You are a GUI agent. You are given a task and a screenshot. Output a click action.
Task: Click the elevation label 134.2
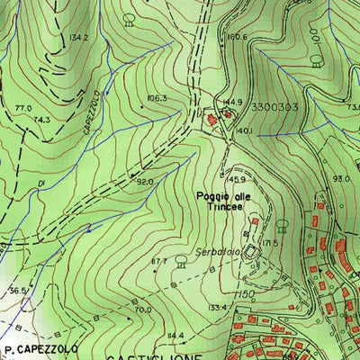(78, 38)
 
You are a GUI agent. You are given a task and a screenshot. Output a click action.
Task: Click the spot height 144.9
(233, 103)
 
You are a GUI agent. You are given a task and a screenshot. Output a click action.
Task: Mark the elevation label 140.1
(244, 131)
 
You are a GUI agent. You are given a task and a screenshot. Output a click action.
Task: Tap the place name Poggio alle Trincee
(221, 199)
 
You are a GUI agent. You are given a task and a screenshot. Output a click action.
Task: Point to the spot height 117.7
(159, 261)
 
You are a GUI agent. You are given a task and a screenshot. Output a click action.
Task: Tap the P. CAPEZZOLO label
(41, 347)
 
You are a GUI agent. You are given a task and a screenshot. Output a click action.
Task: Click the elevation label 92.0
(144, 181)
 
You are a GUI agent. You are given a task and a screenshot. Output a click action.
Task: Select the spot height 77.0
(23, 108)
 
